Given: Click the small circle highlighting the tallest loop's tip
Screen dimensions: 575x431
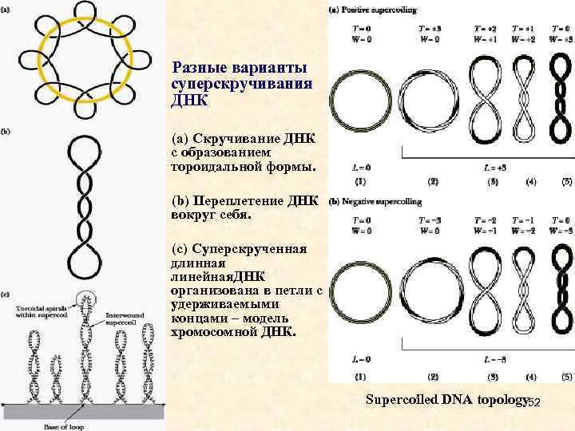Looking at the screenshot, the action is (x=85, y=302).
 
